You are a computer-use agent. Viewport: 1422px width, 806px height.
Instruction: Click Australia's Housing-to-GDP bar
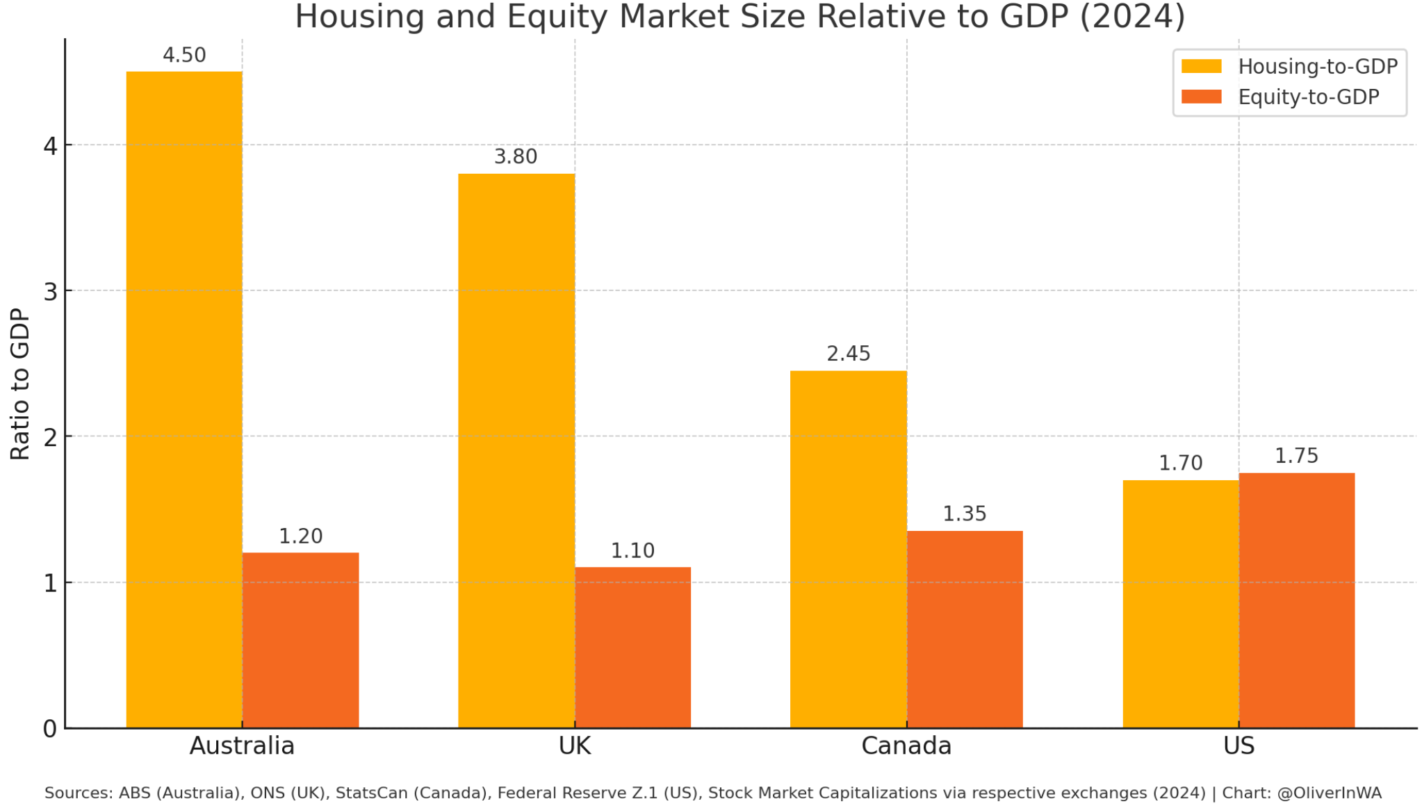click(184, 400)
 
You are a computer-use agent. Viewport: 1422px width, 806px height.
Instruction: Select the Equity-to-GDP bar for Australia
click(300, 640)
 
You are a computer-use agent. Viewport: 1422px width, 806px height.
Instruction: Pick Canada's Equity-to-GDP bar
click(965, 629)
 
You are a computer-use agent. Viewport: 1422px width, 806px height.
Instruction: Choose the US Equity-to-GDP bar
click(1297, 600)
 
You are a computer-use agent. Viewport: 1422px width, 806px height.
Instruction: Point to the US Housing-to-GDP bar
click(1180, 604)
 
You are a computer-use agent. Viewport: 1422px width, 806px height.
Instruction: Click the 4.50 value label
click(184, 56)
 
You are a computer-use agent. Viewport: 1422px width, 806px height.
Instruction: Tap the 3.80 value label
click(516, 157)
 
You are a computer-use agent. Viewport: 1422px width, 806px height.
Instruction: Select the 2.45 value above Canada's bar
click(848, 354)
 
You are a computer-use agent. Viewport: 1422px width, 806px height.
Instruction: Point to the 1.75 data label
click(1296, 457)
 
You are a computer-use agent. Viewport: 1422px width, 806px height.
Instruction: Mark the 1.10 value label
click(632, 551)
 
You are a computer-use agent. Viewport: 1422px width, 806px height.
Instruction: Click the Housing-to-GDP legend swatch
click(1201, 67)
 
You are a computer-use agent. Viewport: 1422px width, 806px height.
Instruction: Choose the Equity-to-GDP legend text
click(1308, 97)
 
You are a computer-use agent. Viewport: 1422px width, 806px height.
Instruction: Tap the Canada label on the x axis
click(906, 746)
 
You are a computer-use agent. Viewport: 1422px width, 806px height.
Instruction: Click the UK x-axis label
click(574, 746)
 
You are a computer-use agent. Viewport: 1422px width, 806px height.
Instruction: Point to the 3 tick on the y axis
click(50, 292)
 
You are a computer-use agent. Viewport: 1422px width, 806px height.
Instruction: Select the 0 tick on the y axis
click(50, 729)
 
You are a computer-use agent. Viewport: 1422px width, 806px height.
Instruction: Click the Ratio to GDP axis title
click(20, 384)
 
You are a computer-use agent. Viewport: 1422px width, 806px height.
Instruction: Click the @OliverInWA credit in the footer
click(1329, 793)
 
